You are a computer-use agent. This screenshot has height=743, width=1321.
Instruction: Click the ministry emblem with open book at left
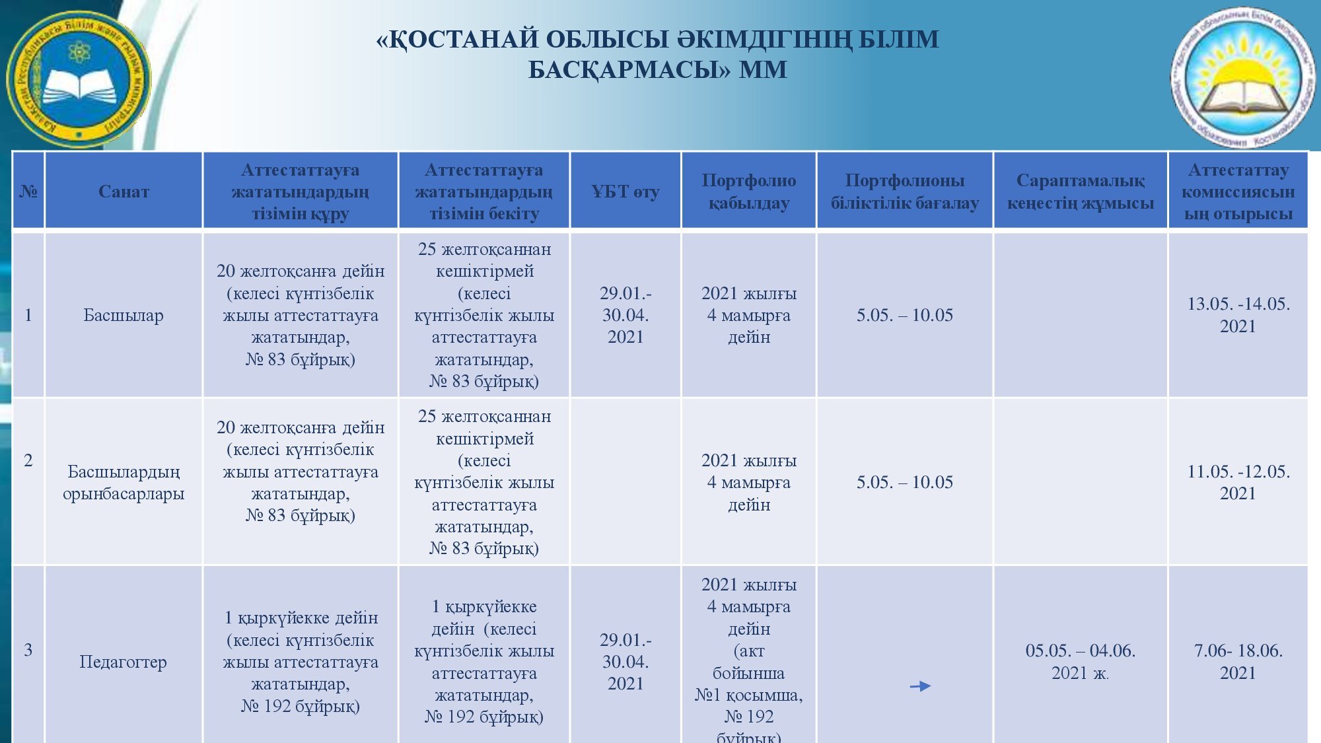(78, 79)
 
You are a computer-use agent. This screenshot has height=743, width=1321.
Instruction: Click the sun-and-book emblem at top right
(1242, 77)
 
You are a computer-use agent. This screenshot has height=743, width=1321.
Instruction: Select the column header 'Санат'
(124, 192)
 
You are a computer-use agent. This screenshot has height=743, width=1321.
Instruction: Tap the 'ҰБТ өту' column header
(625, 192)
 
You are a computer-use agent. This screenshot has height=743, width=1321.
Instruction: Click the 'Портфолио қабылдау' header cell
(748, 192)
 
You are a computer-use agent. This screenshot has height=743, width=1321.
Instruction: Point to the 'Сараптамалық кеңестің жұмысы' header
(1080, 192)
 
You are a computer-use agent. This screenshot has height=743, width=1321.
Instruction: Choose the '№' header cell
(28, 192)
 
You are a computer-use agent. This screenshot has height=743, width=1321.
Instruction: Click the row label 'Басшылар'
(124, 315)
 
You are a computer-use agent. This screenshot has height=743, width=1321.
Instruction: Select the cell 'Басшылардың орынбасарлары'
(124, 482)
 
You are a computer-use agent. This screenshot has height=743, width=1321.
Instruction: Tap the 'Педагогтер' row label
(124, 661)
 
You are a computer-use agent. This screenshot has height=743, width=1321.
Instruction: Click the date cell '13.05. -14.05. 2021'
(1238, 314)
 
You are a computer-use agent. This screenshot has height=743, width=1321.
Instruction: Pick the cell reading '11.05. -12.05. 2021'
(1238, 482)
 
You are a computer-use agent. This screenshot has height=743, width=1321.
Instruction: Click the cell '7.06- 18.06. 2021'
(1238, 661)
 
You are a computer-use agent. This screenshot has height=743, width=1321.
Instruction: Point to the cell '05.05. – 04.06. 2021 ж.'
(1080, 661)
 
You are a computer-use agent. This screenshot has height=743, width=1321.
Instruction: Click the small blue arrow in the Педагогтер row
(920, 686)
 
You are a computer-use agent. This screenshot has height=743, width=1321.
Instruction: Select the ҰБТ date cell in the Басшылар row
(625, 314)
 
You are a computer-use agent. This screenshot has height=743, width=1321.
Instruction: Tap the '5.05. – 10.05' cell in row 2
(904, 482)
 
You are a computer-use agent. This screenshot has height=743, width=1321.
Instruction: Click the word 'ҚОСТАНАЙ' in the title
(462, 40)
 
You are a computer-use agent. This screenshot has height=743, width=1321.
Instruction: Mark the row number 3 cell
(28, 650)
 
